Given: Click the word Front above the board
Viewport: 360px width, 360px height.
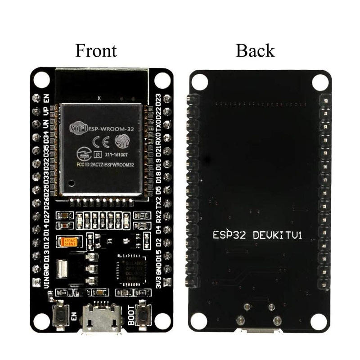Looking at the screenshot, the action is click(96, 50).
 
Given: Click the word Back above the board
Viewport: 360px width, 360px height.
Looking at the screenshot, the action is click(255, 50).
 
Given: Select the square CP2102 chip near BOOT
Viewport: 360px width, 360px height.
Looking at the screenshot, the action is click(130, 269).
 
